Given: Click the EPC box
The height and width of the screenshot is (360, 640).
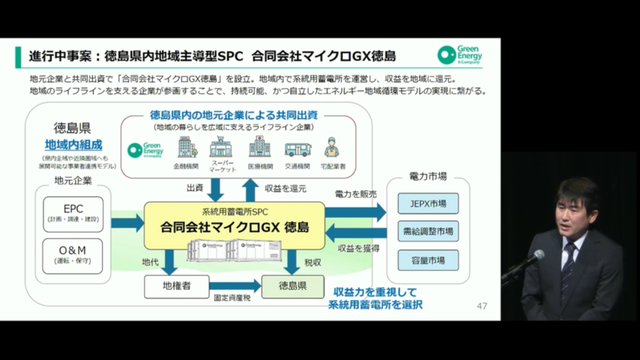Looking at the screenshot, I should point(72,212).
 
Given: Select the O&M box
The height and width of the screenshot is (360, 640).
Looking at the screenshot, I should point(72,255).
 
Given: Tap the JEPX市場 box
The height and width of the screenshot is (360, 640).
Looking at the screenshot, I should point(427,204).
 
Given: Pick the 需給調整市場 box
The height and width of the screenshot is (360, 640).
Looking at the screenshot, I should point(427,231).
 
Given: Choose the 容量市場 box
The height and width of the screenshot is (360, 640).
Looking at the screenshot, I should point(427,259).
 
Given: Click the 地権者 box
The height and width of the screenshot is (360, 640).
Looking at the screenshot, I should point(176,286).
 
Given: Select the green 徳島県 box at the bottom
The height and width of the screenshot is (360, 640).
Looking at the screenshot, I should point(292,286).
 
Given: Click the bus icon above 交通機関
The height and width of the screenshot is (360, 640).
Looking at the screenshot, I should point(297,149).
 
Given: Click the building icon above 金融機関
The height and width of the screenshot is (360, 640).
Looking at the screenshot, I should point(186,147).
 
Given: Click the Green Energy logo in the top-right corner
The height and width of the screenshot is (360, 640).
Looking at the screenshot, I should point(459,55).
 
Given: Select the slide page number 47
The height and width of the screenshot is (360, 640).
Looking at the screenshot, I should point(481,306).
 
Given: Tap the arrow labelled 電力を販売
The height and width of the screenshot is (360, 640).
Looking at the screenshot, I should point(356,211).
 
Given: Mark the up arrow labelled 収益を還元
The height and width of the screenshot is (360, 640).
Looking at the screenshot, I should point(251,189).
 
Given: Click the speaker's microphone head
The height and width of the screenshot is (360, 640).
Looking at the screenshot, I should point(537,256).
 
